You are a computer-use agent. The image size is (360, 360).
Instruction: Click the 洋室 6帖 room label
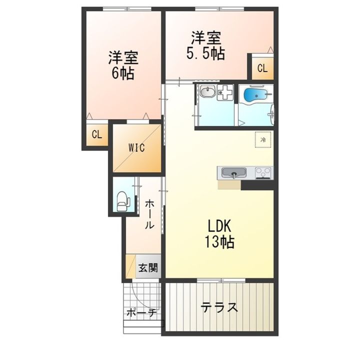point(123,65)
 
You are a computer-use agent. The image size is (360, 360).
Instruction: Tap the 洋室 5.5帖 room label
point(206,45)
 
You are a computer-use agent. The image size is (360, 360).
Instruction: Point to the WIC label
point(136,148)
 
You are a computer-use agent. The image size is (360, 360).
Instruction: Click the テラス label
point(219,307)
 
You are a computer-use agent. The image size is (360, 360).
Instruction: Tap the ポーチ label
point(141,313)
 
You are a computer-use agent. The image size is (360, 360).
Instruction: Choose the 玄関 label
point(148,267)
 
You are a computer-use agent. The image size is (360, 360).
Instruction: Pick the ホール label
point(149,214)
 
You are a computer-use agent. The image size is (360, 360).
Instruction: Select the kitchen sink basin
point(234,172)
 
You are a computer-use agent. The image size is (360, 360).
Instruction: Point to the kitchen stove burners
point(263,172)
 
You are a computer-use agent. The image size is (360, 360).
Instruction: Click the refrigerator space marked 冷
point(263,139)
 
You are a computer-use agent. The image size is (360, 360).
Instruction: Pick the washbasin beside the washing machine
point(207,91)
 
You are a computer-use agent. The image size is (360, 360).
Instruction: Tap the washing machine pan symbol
point(225,92)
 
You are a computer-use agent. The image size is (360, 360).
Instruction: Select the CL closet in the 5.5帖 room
point(262,68)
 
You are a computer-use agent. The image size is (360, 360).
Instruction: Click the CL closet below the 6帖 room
point(97,134)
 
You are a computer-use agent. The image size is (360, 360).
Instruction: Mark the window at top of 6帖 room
point(127,9)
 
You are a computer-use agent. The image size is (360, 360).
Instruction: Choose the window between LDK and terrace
point(221,280)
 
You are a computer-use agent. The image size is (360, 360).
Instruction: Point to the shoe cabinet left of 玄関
point(130,266)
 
